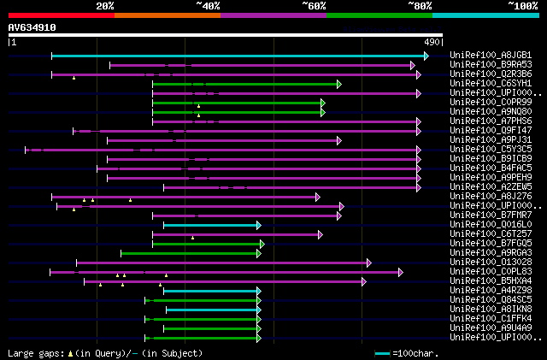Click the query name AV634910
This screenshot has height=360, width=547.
(32, 27)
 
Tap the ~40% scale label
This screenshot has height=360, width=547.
(208, 5)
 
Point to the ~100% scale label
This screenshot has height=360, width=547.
(522, 5)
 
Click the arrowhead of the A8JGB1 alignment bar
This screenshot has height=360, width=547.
(426, 56)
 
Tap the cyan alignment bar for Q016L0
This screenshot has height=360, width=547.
(210, 225)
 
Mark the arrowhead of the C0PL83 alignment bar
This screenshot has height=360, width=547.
(399, 272)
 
